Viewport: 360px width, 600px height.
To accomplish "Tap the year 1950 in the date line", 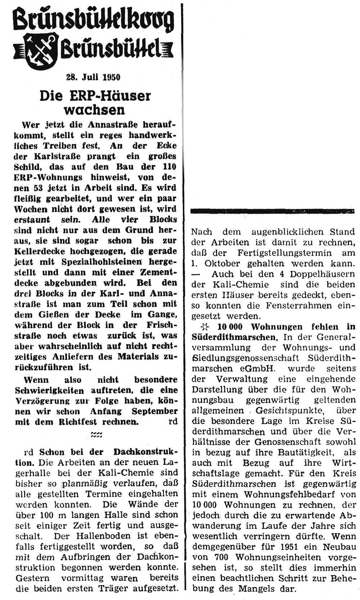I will click(111, 77).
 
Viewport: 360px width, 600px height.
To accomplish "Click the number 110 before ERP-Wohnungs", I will click(168, 167).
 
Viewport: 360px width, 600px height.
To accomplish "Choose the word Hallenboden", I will click(104, 536).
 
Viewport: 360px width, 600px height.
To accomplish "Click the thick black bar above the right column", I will click(273, 211).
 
